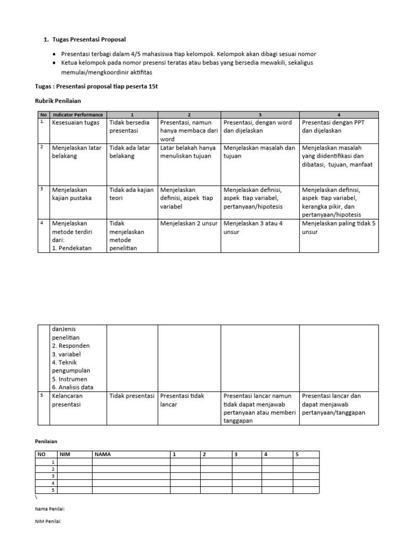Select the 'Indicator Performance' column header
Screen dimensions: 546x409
[78, 115]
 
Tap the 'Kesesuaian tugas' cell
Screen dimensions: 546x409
[76, 122]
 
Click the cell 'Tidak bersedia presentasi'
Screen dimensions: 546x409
[129, 126]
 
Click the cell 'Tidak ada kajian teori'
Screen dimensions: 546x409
[127, 194]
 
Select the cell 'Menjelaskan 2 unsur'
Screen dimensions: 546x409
[189, 223]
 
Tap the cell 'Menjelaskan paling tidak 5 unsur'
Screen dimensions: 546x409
[338, 228]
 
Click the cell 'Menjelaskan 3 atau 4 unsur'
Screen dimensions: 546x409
[259, 228]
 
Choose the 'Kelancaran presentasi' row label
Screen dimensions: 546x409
[68, 400]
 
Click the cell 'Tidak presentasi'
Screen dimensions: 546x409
[132, 396]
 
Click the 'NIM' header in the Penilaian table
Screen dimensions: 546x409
[66, 454]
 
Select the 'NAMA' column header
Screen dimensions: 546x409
[103, 454]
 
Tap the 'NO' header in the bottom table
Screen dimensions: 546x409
[42, 454]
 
